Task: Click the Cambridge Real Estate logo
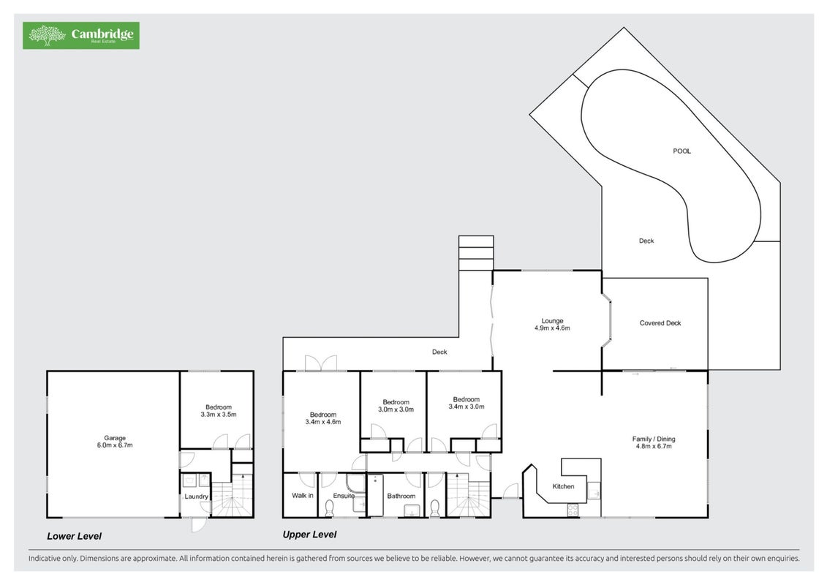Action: pyautogui.click(x=80, y=35)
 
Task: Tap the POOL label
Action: pyautogui.click(x=681, y=151)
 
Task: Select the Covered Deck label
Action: pyautogui.click(x=660, y=322)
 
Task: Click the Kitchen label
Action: pyautogui.click(x=563, y=486)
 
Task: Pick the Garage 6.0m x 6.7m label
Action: pyautogui.click(x=115, y=442)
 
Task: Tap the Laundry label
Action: pyautogui.click(x=196, y=497)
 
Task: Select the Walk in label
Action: pyautogui.click(x=302, y=495)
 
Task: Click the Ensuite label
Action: pyautogui.click(x=344, y=496)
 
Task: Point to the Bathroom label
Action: pyautogui.click(x=401, y=496)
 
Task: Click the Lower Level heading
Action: pyautogui.click(x=74, y=536)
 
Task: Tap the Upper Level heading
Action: pyautogui.click(x=309, y=535)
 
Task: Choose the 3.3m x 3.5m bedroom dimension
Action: pyautogui.click(x=219, y=415)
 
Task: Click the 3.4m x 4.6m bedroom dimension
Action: pyautogui.click(x=322, y=422)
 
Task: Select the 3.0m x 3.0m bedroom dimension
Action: pyautogui.click(x=396, y=409)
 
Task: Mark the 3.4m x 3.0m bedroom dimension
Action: pyautogui.click(x=467, y=407)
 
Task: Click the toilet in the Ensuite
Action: pyautogui.click(x=330, y=507)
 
